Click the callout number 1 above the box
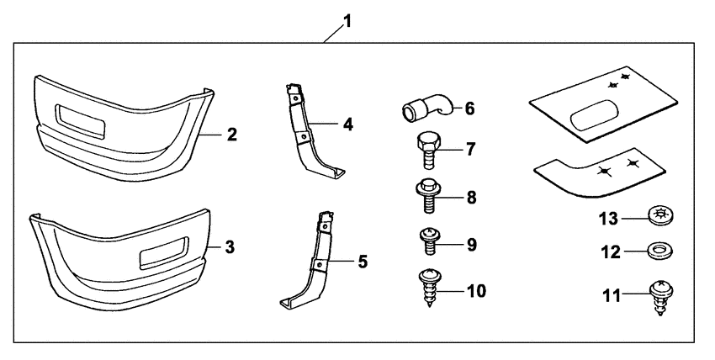pyautogui.click(x=347, y=21)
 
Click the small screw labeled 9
pyautogui.click(x=428, y=241)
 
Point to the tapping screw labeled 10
pyautogui.click(x=429, y=288)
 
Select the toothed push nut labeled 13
pyautogui.click(x=659, y=215)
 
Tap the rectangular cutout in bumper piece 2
pyautogui.click(x=80, y=121)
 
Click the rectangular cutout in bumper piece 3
pyautogui.click(x=163, y=251)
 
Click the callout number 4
pyautogui.click(x=348, y=124)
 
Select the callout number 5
pyautogui.click(x=363, y=262)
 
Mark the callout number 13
pyautogui.click(x=609, y=219)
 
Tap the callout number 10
pyautogui.click(x=475, y=291)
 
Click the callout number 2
pyautogui.click(x=232, y=135)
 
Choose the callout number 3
pyautogui.click(x=230, y=247)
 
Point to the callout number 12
pyautogui.click(x=611, y=252)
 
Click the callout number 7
pyautogui.click(x=470, y=150)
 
